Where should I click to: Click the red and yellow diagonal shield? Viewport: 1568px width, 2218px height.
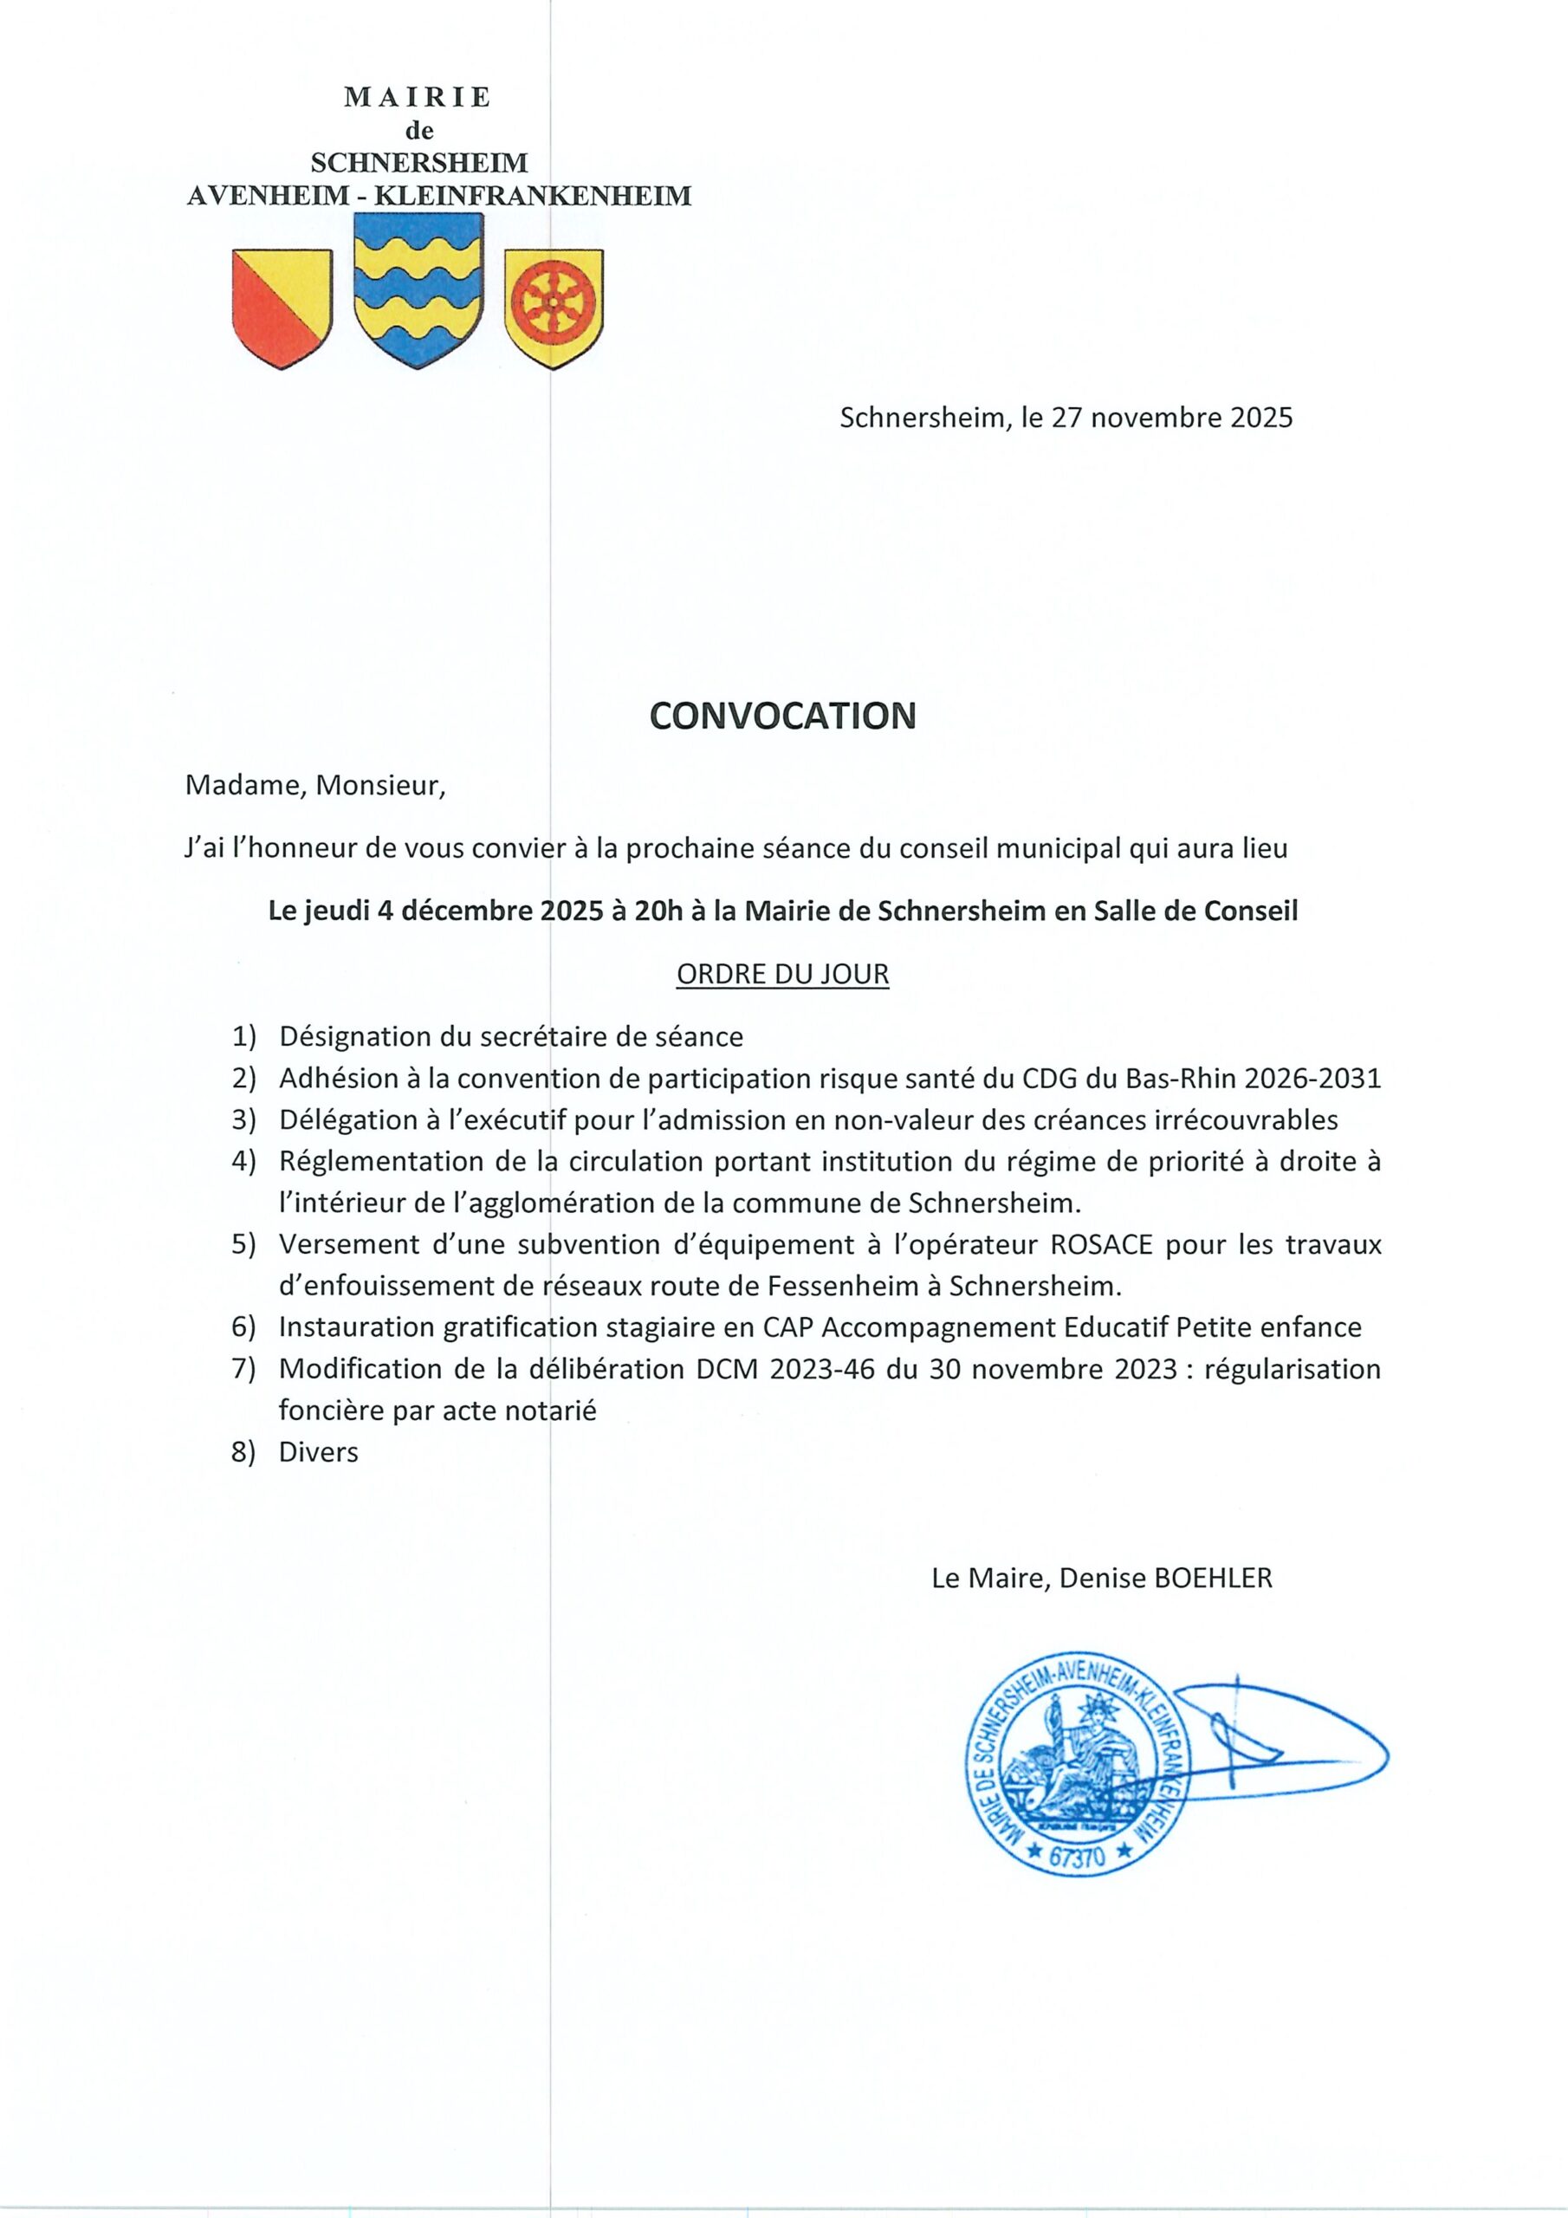(282, 308)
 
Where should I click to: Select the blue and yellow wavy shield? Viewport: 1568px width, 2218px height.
(418, 289)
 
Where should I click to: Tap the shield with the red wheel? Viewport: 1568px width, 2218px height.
(554, 308)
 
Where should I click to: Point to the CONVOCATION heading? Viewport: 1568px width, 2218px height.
(782, 716)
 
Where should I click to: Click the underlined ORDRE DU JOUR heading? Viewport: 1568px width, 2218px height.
(782, 974)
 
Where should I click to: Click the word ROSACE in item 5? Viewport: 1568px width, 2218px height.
(1102, 1244)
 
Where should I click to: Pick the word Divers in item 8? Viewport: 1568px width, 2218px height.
(318, 1452)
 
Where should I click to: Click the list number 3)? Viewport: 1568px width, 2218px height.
(244, 1119)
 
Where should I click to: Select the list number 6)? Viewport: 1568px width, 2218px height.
(244, 1327)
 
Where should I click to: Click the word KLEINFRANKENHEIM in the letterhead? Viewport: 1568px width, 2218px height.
(532, 196)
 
